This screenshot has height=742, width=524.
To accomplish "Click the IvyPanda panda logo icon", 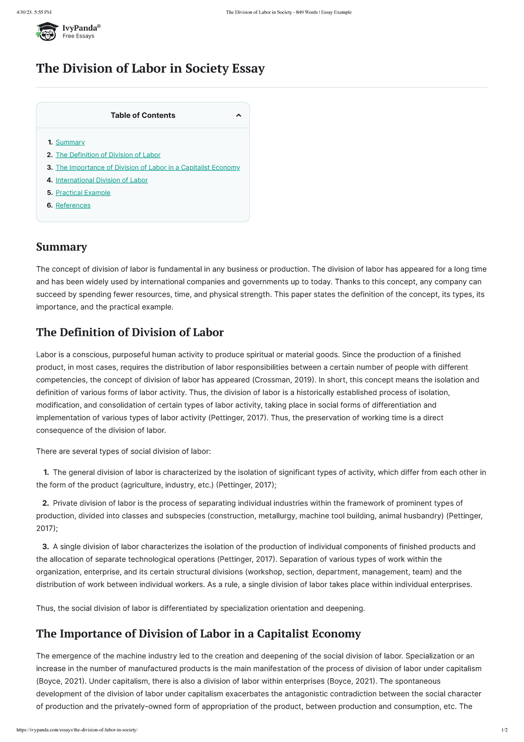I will tap(47, 31).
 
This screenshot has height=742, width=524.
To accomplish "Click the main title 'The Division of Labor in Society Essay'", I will tap(150, 69).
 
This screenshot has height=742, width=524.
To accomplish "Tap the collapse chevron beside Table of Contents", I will tap(238, 115).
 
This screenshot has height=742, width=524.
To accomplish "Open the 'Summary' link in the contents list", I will tap(70, 142).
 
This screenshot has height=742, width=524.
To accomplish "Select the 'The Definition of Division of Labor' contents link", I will tap(108, 155).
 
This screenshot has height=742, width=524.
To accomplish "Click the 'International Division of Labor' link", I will tap(101, 180).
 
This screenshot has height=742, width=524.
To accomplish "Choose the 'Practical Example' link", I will tap(83, 193).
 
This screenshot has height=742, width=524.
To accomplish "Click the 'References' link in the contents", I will tap(73, 205).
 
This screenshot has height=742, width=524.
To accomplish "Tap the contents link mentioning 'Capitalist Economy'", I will tap(148, 168).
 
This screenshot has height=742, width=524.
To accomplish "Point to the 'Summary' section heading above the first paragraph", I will tap(62, 247).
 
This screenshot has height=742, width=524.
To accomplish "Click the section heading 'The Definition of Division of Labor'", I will tap(130, 333).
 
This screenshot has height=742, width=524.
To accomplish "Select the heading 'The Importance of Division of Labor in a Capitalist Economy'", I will tap(198, 634).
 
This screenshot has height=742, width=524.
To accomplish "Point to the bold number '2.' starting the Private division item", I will tap(45, 503).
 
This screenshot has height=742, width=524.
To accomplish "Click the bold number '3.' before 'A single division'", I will tap(45, 547).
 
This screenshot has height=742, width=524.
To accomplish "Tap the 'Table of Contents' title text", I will tap(143, 115).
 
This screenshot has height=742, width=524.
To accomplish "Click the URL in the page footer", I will tap(77, 730).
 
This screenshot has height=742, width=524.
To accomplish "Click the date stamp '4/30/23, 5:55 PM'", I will tap(34, 12).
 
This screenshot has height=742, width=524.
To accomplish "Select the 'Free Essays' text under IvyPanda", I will tap(78, 36).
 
